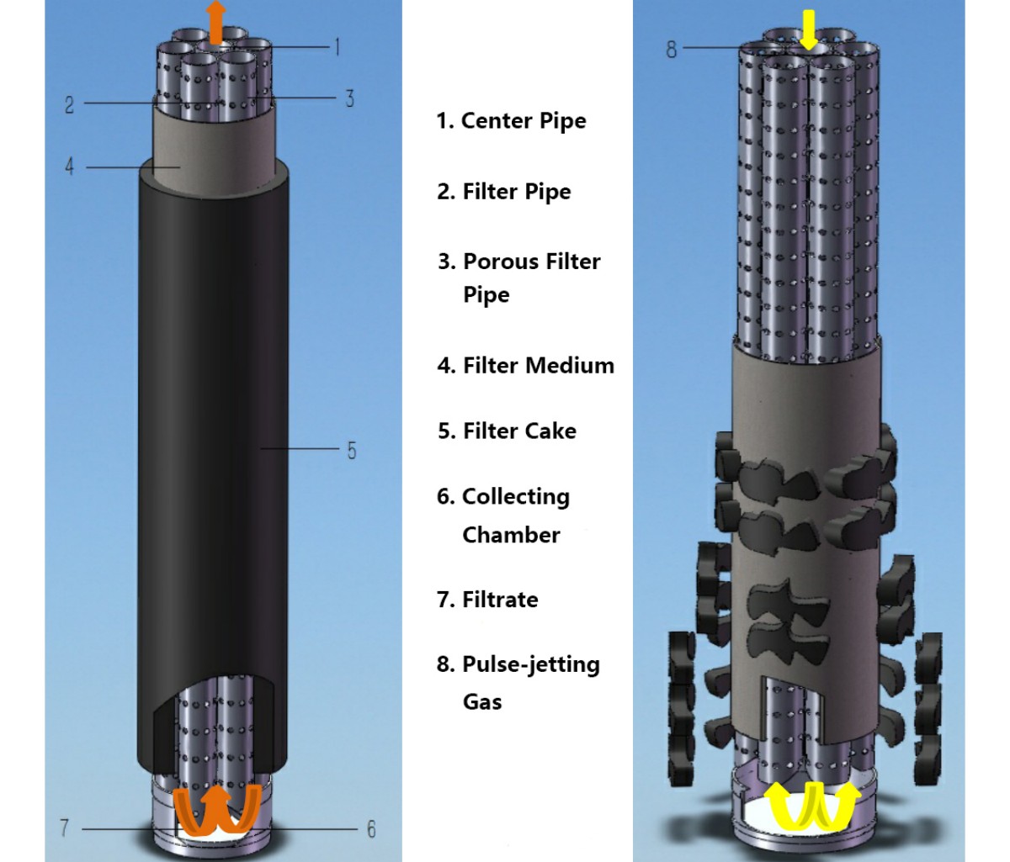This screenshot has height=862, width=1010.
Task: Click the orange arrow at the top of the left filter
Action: click(x=217, y=20)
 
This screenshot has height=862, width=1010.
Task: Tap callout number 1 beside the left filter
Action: click(x=337, y=46)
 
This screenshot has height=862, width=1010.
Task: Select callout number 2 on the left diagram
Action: click(x=70, y=104)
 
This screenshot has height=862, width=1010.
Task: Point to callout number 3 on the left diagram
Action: click(x=349, y=98)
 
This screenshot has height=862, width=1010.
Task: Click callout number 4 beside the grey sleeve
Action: click(x=70, y=167)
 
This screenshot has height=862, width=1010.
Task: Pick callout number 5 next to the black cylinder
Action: click(x=352, y=450)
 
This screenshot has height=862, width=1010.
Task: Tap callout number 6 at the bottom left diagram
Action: click(x=370, y=829)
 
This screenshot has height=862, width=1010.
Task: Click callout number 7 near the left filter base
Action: click(x=65, y=828)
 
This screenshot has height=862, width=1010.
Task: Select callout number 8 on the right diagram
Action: click(x=672, y=49)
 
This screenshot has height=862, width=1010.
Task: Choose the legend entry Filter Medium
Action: click(x=538, y=366)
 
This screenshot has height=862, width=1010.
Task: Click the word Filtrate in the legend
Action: click(x=500, y=600)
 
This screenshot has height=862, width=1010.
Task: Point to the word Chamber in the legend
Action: click(x=511, y=535)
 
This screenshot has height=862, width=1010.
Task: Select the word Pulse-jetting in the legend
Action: click(x=531, y=664)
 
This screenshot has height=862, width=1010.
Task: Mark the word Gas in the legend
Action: click(x=482, y=701)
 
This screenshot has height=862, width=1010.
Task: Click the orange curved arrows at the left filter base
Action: click(x=216, y=808)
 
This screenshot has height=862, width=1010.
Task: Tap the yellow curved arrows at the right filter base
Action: click(x=812, y=804)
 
